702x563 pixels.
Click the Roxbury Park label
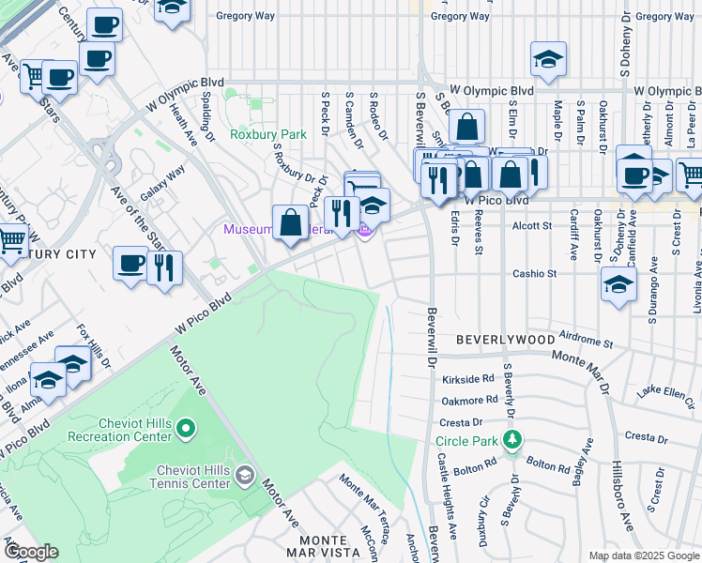pos(268,134)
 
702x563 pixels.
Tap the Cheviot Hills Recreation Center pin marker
pos(185,430)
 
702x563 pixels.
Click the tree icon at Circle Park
pos(511,439)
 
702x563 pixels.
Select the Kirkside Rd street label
pos(467,379)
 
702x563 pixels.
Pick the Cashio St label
pos(535,274)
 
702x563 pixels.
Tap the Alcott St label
pos(532,225)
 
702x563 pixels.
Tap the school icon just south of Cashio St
pos(618,285)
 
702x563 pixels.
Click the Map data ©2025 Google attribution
pos(643,555)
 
